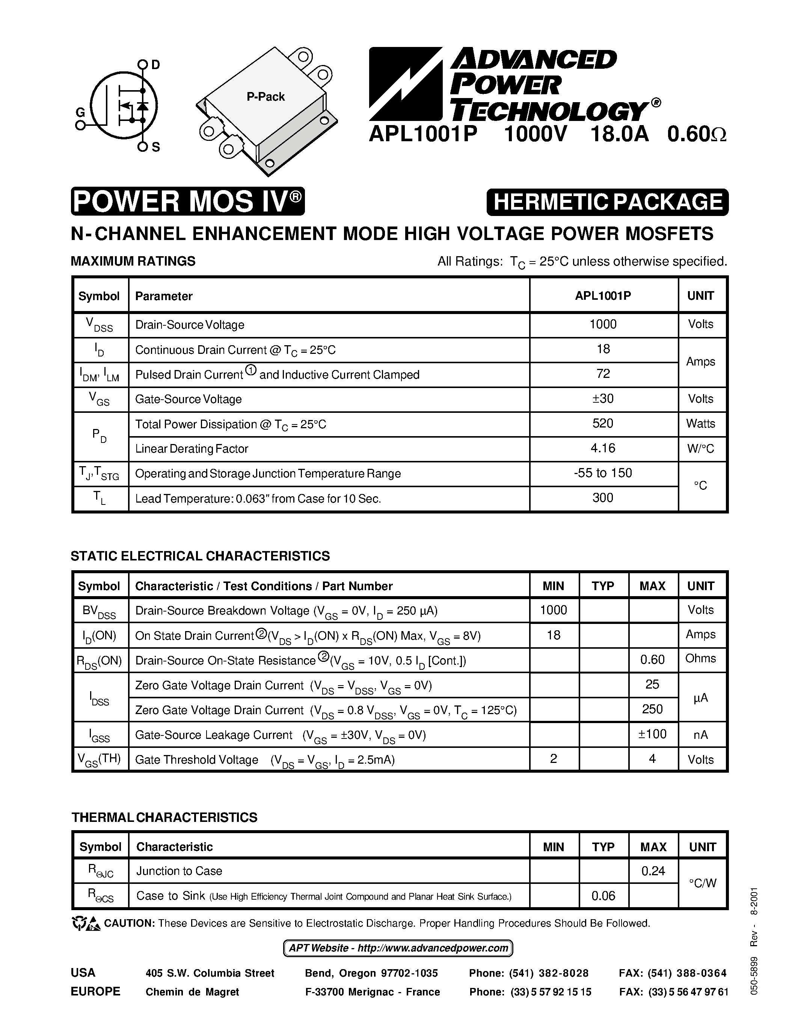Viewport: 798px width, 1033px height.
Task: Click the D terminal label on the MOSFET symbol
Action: tap(155, 65)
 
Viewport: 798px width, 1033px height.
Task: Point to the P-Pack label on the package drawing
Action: tap(265, 97)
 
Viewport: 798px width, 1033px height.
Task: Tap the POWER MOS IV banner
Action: tap(188, 201)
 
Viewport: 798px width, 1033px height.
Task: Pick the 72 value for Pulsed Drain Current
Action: tap(603, 374)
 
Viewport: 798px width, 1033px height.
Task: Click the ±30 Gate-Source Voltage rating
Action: tap(603, 399)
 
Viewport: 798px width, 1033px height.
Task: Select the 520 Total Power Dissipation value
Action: tap(603, 423)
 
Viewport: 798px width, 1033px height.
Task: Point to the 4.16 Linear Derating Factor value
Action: tap(603, 448)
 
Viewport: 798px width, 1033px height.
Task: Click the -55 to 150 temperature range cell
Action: tap(603, 473)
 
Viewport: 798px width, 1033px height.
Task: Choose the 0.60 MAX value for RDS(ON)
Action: tap(652, 659)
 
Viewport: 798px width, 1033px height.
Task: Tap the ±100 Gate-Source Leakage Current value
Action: tap(652, 734)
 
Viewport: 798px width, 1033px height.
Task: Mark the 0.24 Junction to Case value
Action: tap(653, 871)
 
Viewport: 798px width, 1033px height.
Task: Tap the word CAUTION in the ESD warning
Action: tap(130, 923)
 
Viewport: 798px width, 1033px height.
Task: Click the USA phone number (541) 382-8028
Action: tap(548, 973)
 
